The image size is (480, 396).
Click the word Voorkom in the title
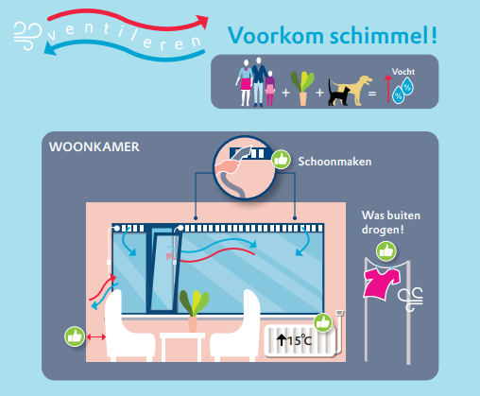[275, 35]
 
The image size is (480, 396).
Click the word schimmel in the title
[380, 35]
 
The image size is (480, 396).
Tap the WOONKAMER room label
[94, 146]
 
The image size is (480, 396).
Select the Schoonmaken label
[334, 162]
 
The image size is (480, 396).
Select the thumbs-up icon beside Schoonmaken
[281, 160]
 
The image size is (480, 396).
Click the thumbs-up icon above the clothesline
[386, 251]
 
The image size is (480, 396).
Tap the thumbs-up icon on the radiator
[323, 322]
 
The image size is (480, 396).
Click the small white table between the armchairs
[182, 345]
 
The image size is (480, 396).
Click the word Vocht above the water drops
[403, 72]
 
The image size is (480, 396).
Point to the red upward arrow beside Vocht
[388, 89]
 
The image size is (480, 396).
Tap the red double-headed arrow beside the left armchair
[96, 337]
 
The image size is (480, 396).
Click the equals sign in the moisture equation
[372, 94]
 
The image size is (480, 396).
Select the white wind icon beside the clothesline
[410, 299]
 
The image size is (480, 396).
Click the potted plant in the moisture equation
[302, 88]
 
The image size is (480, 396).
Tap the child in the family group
[270, 88]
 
